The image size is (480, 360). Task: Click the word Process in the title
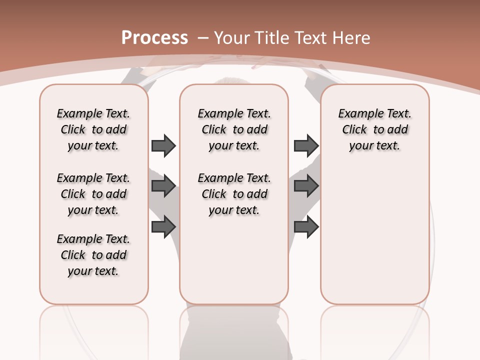tap(154, 38)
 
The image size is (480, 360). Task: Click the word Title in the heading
tap(273, 38)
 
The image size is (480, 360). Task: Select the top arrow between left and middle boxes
tap(163, 145)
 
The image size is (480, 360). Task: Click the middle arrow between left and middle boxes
tap(163, 186)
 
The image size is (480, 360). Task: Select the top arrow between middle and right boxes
tap(306, 145)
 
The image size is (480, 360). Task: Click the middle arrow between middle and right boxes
tap(306, 186)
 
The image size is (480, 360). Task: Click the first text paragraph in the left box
tap(93, 129)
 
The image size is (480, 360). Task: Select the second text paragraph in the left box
tap(93, 194)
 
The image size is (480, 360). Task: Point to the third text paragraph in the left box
tap(93, 255)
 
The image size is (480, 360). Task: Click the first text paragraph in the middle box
tap(234, 129)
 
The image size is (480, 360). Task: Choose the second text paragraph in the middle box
tap(234, 194)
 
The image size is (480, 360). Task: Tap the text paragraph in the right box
tap(375, 129)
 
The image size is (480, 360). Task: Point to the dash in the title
tap(203, 38)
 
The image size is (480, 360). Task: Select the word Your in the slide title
tap(233, 38)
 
